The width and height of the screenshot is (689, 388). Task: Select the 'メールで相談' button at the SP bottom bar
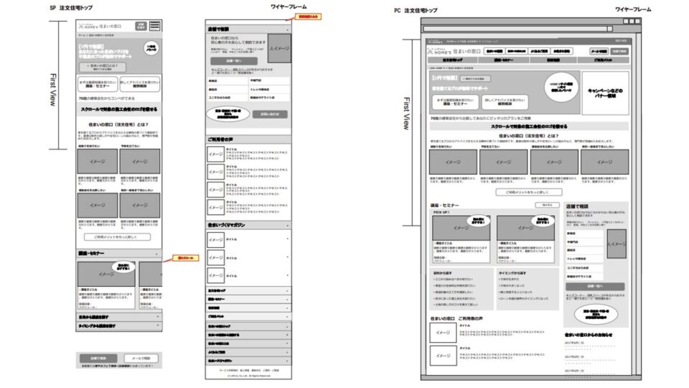pyautogui.click(x=141, y=357)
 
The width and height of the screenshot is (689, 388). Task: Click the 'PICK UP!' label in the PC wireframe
pyautogui.click(x=441, y=213)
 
